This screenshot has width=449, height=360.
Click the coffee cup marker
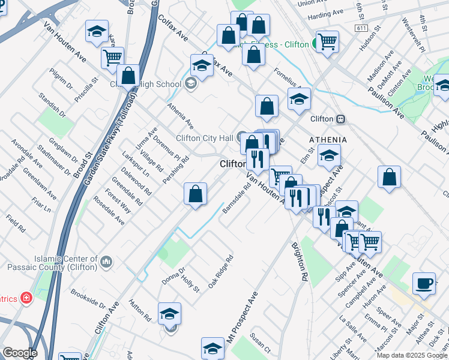(x=424, y=284)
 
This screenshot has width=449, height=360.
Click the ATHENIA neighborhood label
(x=327, y=140)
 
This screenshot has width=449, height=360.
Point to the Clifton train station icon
(x=340, y=119)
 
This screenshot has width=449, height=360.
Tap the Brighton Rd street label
(x=300, y=262)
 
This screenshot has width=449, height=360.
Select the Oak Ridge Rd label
(x=220, y=272)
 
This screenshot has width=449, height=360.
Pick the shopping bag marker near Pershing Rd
(x=195, y=194)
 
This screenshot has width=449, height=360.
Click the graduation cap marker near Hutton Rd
(x=169, y=314)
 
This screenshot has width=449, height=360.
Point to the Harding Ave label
(x=325, y=12)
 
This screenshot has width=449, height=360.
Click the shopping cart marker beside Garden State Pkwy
(x=112, y=58)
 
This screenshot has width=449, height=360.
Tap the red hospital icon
(x=26, y=298)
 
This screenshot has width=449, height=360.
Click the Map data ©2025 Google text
(x=411, y=355)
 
